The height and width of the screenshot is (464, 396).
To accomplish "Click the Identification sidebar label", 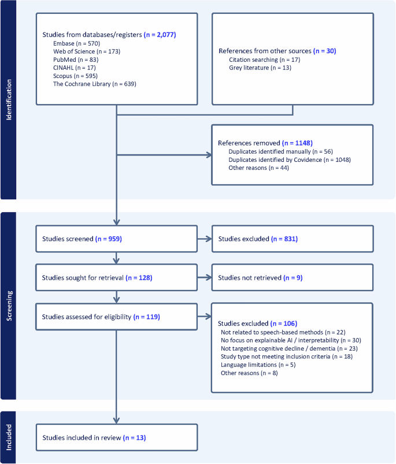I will click(9, 99).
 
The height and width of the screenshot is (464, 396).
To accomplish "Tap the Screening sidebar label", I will click(9, 306).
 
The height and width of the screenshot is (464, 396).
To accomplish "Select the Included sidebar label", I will click(9, 437).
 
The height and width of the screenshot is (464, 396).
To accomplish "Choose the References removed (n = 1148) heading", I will click(257, 143).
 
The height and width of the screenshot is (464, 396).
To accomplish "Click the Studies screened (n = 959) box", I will click(117, 239).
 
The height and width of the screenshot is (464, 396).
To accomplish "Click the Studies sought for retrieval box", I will click(117, 278).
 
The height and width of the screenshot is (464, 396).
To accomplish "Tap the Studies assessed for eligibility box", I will click(117, 317).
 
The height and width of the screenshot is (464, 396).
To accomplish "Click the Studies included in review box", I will click(117, 437).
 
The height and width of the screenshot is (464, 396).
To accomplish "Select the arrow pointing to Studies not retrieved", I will click(204, 278).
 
